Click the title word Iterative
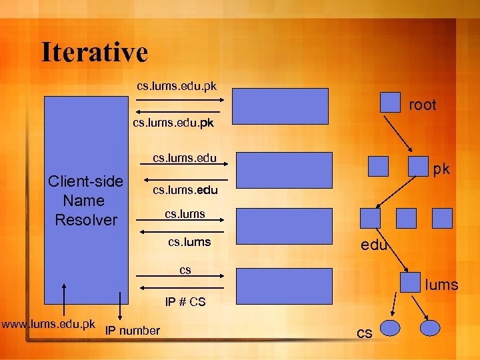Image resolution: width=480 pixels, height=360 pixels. point(94,52)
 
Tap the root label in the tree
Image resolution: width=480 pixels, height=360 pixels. point(422,105)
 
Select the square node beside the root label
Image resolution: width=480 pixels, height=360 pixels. point(390,102)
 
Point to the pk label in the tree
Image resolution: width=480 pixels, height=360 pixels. point(441,169)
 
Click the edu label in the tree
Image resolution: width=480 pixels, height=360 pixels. point(373,245)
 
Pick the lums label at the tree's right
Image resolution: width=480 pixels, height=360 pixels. point(442,285)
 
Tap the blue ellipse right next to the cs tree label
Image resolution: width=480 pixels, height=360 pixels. point(389,327)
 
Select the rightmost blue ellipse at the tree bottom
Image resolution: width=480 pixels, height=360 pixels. point(430,327)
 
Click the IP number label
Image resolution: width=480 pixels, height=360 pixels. point(133,331)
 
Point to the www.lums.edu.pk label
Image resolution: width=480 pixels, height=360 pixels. point(48,325)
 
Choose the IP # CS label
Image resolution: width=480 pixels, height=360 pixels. point(185,302)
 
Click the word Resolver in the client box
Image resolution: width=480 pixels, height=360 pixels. point(86,220)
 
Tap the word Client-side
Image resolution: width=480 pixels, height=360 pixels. point(85,181)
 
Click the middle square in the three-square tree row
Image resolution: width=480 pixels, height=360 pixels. point(406,217)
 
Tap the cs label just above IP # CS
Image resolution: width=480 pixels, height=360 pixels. point(185,270)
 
